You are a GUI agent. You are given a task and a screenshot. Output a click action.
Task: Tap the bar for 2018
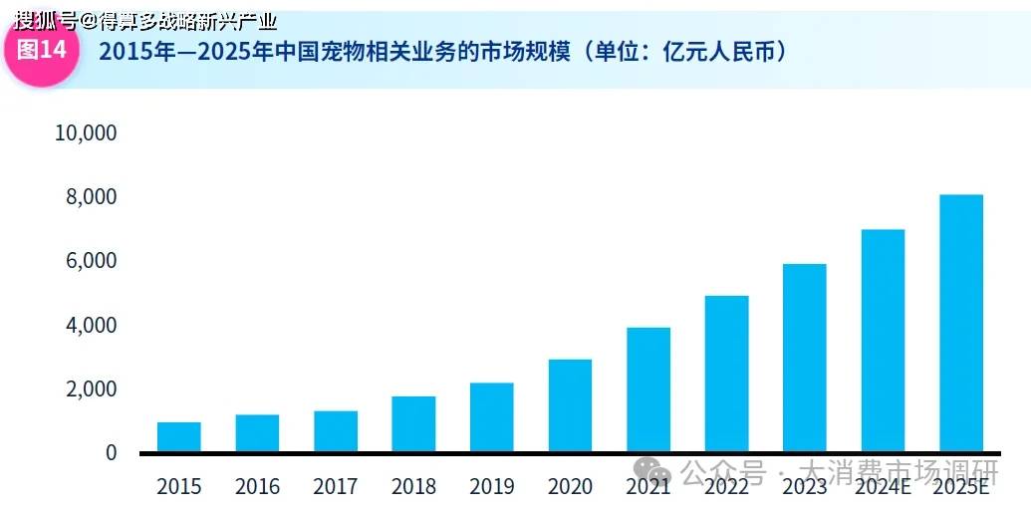click(x=413, y=423)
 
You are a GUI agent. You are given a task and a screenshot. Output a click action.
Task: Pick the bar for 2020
click(x=570, y=405)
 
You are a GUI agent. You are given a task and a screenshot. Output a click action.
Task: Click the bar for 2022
click(x=726, y=374)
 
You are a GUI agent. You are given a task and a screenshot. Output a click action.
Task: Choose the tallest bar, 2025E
click(x=961, y=323)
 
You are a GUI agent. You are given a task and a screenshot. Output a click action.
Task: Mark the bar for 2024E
click(x=883, y=341)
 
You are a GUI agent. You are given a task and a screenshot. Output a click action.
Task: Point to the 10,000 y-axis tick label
click(x=85, y=133)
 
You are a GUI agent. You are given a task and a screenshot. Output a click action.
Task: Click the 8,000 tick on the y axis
click(x=92, y=197)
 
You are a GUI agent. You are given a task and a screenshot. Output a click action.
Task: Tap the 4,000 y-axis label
click(x=92, y=325)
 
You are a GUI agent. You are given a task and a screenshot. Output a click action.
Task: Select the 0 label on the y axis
click(x=111, y=452)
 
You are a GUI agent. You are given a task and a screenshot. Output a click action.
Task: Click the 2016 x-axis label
click(x=257, y=487)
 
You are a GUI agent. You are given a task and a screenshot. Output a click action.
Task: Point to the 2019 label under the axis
click(x=491, y=487)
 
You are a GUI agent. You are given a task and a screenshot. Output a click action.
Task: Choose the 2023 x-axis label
click(x=804, y=487)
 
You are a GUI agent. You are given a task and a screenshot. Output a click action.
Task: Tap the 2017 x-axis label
click(x=335, y=487)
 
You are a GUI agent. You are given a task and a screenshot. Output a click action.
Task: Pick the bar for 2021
click(x=648, y=389)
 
